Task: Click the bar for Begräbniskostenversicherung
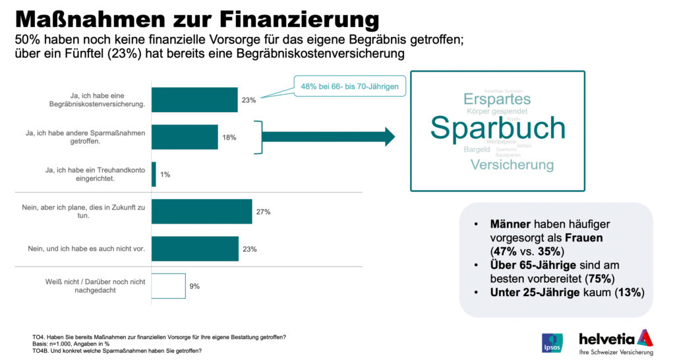point(194,100)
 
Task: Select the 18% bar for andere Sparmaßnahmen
point(185,136)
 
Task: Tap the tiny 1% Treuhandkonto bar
point(154,174)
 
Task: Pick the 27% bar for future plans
point(202,212)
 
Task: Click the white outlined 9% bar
point(169,285)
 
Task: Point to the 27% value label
point(264,212)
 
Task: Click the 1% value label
point(165,175)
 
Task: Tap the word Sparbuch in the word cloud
point(498,128)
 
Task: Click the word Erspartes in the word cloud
point(497,99)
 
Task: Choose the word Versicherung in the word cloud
point(512,164)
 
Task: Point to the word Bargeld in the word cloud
point(477,150)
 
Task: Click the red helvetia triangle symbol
point(646,337)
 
